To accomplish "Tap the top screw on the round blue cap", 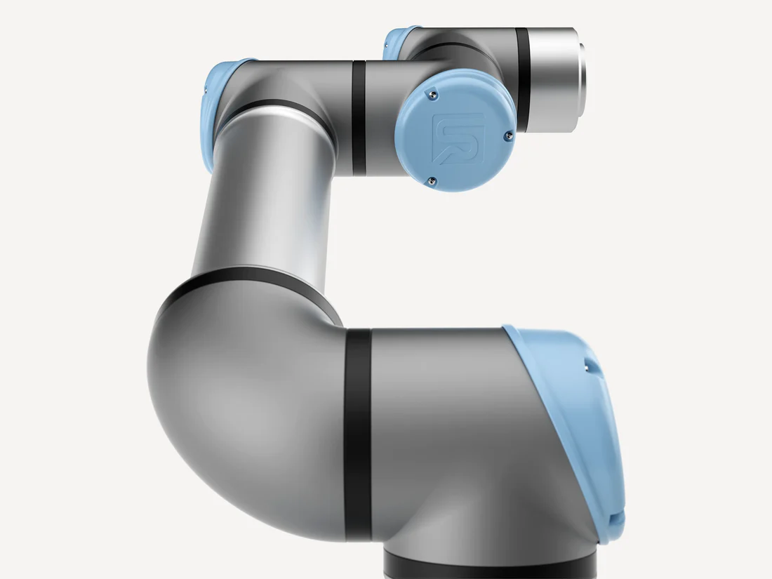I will pos(435,91).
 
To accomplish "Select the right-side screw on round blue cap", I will pos(507,138).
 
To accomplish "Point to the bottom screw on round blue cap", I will pos(431,181).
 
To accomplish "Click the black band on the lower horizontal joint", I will pos(358,435).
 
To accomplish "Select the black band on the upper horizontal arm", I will pos(359,118).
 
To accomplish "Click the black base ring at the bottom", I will pos(491,566).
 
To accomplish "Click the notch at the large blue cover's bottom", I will pos(615,519).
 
